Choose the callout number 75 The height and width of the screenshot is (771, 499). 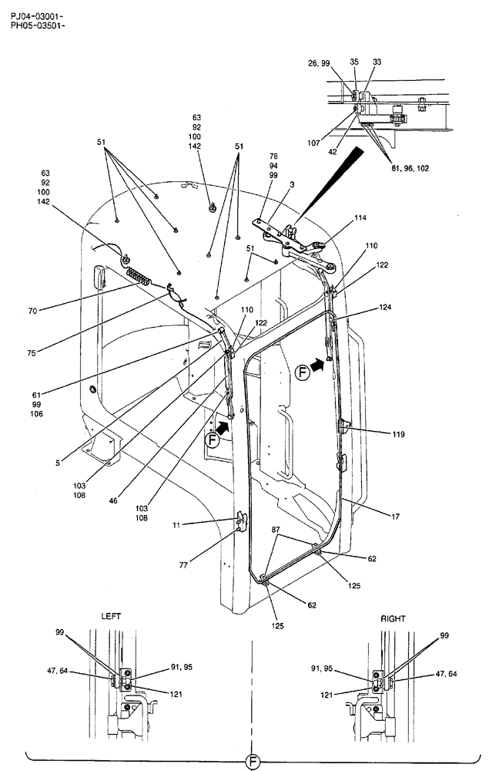pyautogui.click(x=32, y=354)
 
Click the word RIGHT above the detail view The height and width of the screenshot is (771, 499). pyautogui.click(x=393, y=618)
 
